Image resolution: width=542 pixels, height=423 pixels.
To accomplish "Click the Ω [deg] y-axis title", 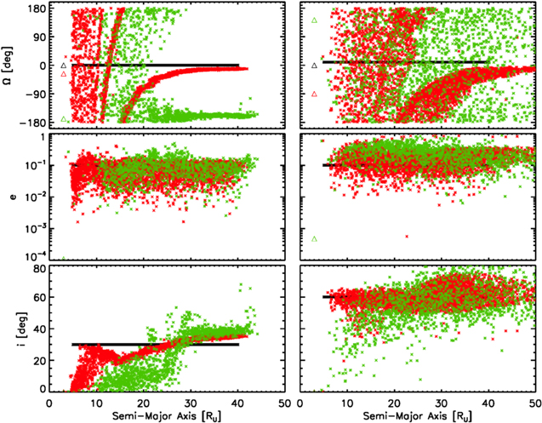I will click(x=11, y=66).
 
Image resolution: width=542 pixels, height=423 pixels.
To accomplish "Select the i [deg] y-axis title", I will click(x=11, y=329).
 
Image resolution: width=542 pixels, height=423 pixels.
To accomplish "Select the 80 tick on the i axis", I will click(x=39, y=270).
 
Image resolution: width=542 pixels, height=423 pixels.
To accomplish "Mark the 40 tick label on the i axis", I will click(x=39, y=329).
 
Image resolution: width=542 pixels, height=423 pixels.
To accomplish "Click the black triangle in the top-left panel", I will click(x=64, y=66).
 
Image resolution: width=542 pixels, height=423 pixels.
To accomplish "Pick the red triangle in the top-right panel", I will click(x=315, y=94).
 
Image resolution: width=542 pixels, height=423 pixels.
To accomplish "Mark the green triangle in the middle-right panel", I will click(x=315, y=239).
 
